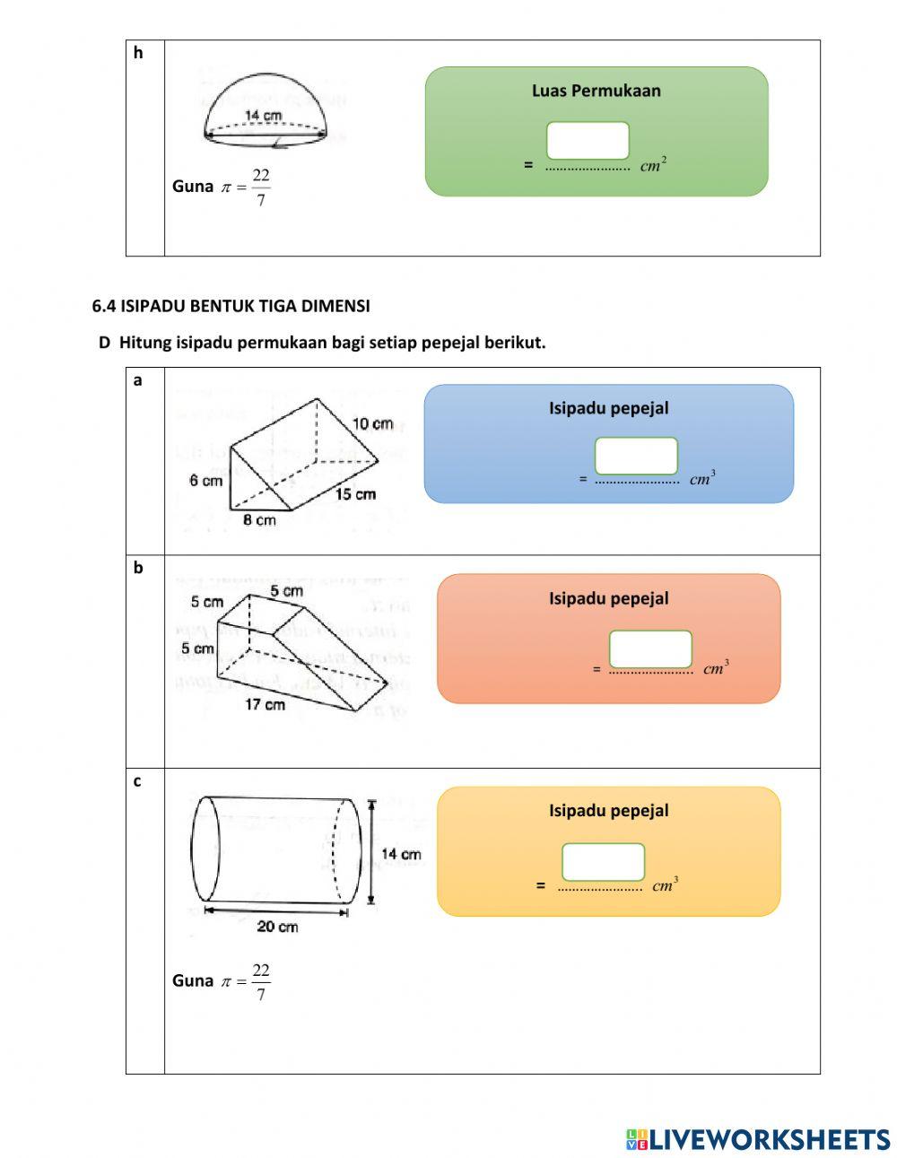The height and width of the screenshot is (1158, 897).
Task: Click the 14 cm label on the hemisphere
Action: tap(263, 116)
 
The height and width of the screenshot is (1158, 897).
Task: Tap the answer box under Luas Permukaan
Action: tap(588, 141)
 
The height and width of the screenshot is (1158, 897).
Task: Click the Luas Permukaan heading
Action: tap(596, 91)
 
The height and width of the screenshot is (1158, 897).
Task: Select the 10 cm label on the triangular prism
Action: tap(371, 423)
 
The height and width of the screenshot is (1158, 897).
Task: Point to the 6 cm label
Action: tap(205, 481)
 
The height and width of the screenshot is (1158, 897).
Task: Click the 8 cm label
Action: tap(259, 520)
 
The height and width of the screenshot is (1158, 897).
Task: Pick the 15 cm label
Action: tap(355, 494)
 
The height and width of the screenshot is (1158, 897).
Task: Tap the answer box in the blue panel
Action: tap(636, 456)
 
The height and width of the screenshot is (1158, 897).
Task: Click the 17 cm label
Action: tap(265, 705)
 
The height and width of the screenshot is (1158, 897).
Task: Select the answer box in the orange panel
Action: tap(650, 649)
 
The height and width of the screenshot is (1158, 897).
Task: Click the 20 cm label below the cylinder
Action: tap(277, 927)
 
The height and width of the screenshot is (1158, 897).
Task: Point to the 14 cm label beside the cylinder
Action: tap(400, 854)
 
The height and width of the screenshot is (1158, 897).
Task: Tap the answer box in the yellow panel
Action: tap(603, 862)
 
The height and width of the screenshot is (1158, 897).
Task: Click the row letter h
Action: tap(138, 53)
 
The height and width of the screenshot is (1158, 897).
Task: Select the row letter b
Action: tap(138, 568)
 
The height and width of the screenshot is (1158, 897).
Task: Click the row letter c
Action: tap(137, 781)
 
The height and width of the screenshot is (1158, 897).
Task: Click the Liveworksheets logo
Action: tap(757, 1139)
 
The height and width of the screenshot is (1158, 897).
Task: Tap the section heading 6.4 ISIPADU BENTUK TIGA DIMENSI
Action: tap(231, 306)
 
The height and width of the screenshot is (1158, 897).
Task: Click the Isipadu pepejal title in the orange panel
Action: tap(608, 598)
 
